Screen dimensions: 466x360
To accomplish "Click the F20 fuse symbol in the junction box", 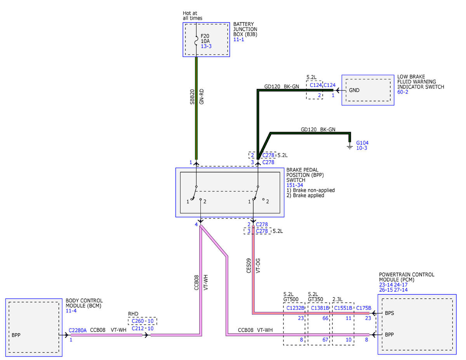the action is click(196, 41).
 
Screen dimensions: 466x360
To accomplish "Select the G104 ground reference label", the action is click(362, 143).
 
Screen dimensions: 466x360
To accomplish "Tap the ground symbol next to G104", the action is click(350, 147).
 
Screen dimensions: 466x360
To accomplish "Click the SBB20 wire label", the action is click(192, 97).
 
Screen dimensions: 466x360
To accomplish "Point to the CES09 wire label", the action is click(249, 266).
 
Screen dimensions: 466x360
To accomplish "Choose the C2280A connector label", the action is click(77, 330).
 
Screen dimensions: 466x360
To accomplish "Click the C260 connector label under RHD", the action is click(137, 321).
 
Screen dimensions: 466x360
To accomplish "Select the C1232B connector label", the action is click(295, 308).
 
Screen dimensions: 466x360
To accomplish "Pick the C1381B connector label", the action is click(320, 308).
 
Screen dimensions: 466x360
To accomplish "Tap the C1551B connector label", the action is click(343, 308).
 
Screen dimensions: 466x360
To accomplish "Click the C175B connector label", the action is click(363, 308).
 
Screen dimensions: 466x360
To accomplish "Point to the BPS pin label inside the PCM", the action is click(389, 313).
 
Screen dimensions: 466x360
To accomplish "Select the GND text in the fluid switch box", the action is click(354, 90).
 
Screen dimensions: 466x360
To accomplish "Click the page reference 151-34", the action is click(295, 185).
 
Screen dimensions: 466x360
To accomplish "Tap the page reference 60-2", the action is click(403, 92).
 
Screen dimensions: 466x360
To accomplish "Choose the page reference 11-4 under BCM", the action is click(71, 311).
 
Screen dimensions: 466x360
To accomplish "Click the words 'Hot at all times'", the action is click(192, 16).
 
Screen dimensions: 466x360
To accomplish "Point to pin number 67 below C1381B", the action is click(325, 340).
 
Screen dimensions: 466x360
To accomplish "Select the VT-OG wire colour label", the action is click(258, 266).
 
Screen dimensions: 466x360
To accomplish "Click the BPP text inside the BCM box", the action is click(16, 335).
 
